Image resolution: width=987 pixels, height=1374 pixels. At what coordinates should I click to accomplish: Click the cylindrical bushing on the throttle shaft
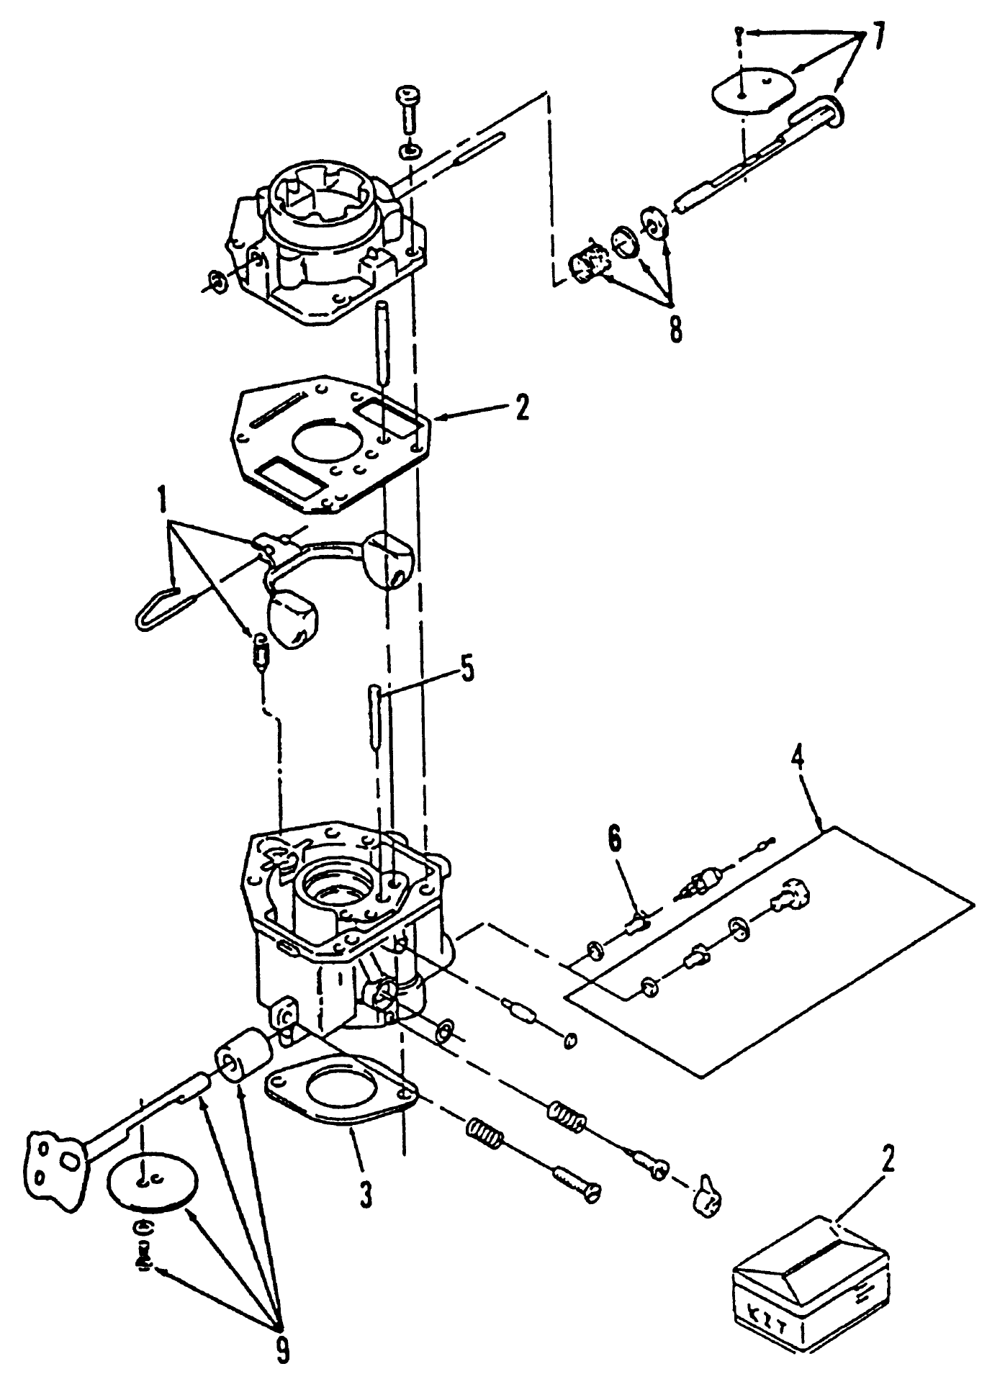243,1056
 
